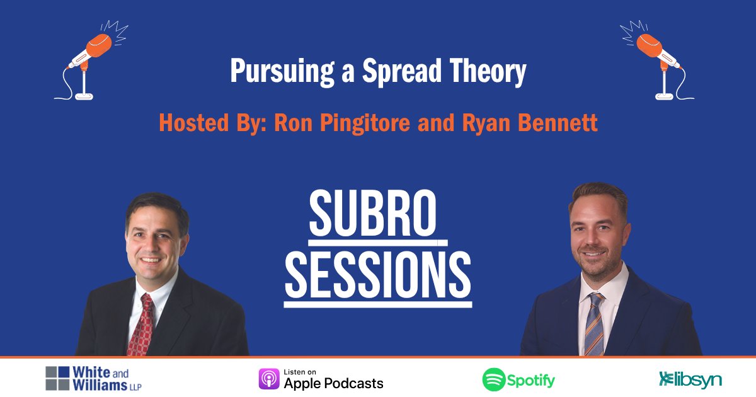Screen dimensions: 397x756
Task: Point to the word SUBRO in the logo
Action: [373, 215]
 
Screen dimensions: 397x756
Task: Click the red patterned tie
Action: [140, 324]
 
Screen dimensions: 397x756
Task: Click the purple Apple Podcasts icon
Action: [269, 379]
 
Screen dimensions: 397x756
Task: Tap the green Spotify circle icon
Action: [494, 379]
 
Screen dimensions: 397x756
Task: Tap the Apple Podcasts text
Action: [333, 383]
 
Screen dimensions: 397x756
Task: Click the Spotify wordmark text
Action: [532, 380]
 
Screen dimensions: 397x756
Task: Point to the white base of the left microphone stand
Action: [84, 96]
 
